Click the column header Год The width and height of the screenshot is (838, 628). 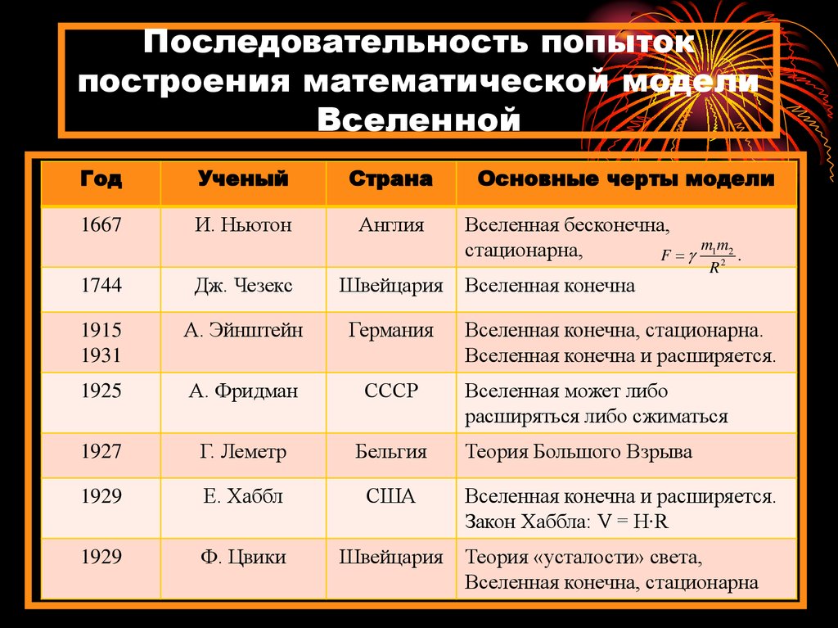(101, 180)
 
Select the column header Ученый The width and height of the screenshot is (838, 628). (243, 180)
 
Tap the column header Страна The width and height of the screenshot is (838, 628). (390, 180)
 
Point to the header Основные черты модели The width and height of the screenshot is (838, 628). (626, 180)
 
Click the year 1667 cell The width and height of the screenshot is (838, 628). (101, 225)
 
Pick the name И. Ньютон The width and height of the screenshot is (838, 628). (243, 225)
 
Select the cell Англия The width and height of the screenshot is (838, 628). (391, 225)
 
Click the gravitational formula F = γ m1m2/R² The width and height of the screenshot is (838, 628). (701, 255)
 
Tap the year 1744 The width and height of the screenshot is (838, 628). (101, 286)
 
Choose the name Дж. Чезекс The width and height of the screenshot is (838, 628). (243, 286)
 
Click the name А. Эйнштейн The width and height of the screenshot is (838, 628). (243, 331)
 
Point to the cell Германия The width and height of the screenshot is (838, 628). (391, 331)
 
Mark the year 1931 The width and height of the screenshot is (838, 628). (101, 356)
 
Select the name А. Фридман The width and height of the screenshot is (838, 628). (243, 391)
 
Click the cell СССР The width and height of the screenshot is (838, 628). (391, 391)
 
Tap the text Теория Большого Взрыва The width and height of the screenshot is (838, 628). (579, 452)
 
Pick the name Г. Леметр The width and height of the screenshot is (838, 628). (243, 452)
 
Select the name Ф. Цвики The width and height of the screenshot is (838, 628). (243, 558)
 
